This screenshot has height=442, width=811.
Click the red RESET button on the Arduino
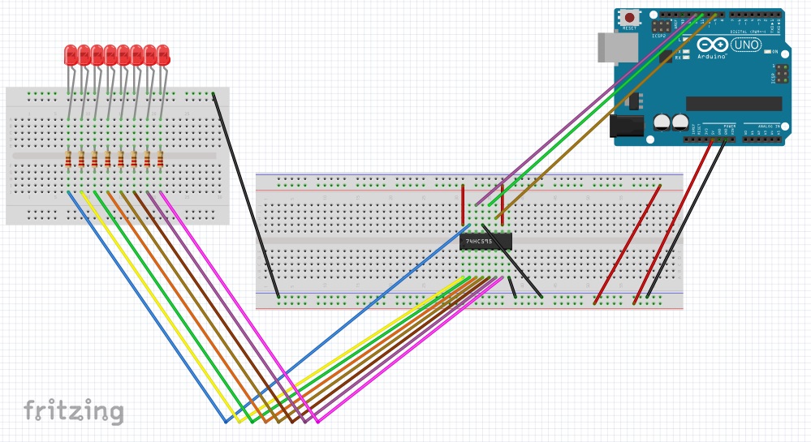point(629,17)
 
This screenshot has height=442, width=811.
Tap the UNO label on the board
point(745,45)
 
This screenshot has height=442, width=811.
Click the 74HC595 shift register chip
point(486,241)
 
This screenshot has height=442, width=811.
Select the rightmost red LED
point(163,55)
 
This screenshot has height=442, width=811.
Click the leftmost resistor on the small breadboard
point(68,159)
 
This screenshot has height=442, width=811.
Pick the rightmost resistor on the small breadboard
point(160,159)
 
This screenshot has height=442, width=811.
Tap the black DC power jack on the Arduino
point(626,125)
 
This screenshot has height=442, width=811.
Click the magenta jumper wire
point(235,308)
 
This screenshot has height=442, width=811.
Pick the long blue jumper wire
point(146,308)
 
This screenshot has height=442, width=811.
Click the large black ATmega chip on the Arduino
point(733,104)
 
